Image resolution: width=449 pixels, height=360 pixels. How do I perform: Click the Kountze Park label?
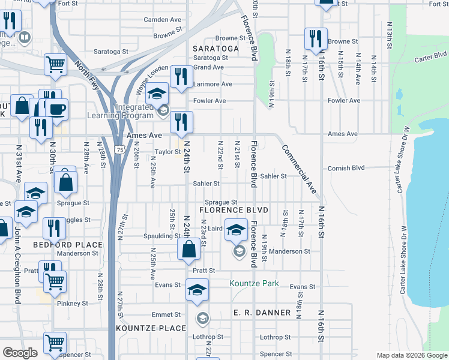pyautogui.click(x=254, y=283)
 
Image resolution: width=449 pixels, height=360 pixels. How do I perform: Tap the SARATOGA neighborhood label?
pyautogui.click(x=215, y=48)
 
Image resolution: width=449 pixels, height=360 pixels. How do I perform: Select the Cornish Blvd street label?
pyautogui.click(x=346, y=169)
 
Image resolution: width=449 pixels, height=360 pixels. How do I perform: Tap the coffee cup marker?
pyautogui.click(x=56, y=110)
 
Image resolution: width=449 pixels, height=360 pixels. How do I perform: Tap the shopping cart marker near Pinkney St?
pyautogui.click(x=55, y=281)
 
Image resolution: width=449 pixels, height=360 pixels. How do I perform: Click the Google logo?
pyautogui.click(x=19, y=353)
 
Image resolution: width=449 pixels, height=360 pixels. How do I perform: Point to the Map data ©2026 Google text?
pyautogui.click(x=411, y=355)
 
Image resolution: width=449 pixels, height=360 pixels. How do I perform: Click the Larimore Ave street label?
pyautogui.click(x=212, y=85)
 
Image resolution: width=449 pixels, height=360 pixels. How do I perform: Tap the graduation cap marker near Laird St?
pyautogui.click(x=237, y=230)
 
